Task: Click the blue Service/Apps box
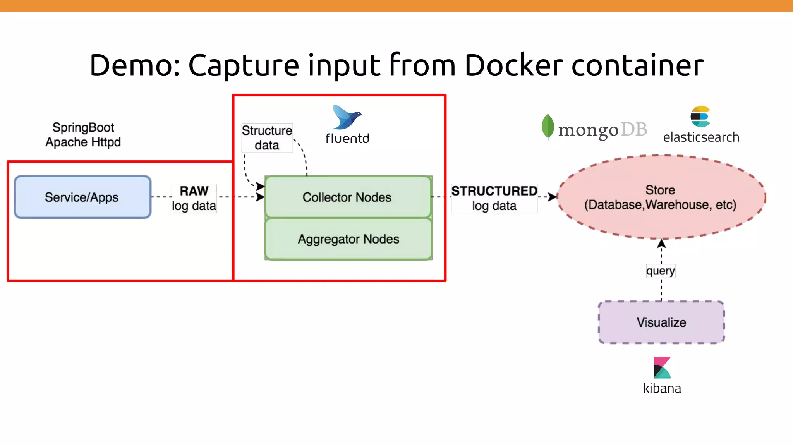click(82, 197)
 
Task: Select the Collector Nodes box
click(348, 197)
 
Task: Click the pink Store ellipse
click(661, 197)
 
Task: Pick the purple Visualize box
click(661, 322)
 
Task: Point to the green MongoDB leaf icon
click(548, 126)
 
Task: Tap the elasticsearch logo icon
click(700, 117)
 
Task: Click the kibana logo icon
click(662, 367)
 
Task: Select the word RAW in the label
click(194, 191)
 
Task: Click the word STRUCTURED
click(494, 191)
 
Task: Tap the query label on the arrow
click(660, 271)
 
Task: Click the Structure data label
click(267, 138)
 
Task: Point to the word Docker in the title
click(513, 65)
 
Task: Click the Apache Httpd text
click(83, 142)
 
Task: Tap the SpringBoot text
click(83, 127)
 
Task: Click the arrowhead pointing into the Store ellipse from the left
click(553, 197)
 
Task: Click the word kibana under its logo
click(662, 388)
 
